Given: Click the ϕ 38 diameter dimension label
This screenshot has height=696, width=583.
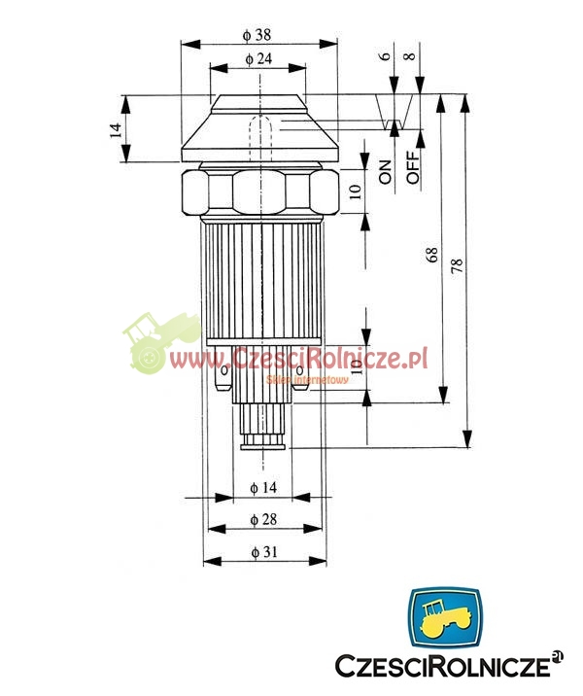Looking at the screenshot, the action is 257,35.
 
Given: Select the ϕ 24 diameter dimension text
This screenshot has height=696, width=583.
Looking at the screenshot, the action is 257,58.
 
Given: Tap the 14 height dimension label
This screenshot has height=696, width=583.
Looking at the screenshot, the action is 116,130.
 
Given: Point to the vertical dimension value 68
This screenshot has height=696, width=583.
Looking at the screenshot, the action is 431,255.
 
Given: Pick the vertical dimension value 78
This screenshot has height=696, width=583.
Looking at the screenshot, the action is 457,265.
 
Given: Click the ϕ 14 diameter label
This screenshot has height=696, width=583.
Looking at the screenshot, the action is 263,488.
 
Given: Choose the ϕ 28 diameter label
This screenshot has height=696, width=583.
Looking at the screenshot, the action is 263,519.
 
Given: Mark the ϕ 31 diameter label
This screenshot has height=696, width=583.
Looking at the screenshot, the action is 263,552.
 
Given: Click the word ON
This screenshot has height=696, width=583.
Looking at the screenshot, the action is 385,172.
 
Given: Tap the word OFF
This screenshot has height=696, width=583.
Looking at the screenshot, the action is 413,167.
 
